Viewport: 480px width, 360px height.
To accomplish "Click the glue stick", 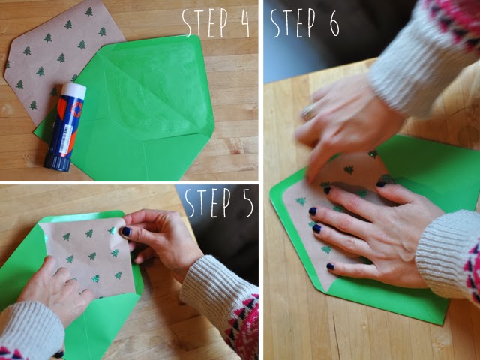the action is coord(65,127).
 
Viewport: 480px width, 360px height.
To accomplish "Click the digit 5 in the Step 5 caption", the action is coord(246,202).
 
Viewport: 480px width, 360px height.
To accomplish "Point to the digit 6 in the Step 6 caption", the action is coord(334,24).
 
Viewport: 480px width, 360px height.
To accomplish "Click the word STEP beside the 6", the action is coord(292,22).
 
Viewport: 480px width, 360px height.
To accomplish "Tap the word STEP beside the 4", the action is coord(205,22).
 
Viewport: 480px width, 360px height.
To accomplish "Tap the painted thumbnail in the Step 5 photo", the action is coord(125,232).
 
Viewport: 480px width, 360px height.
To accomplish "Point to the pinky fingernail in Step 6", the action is coord(330,266).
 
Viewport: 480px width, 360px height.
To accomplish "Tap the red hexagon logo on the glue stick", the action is coord(76,108).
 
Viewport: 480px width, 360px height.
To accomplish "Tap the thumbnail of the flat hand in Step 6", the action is coord(381,184).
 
